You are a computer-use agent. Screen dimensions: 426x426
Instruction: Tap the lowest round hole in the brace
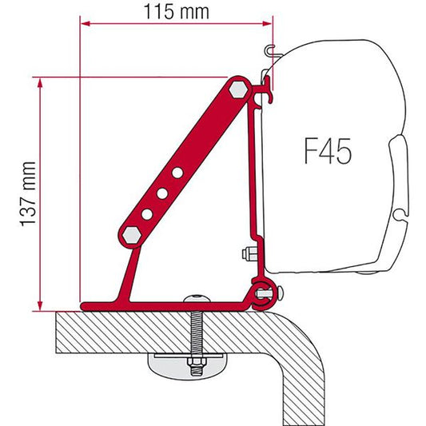tap(147, 214)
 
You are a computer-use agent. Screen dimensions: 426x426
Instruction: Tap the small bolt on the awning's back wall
tap(245, 256)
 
